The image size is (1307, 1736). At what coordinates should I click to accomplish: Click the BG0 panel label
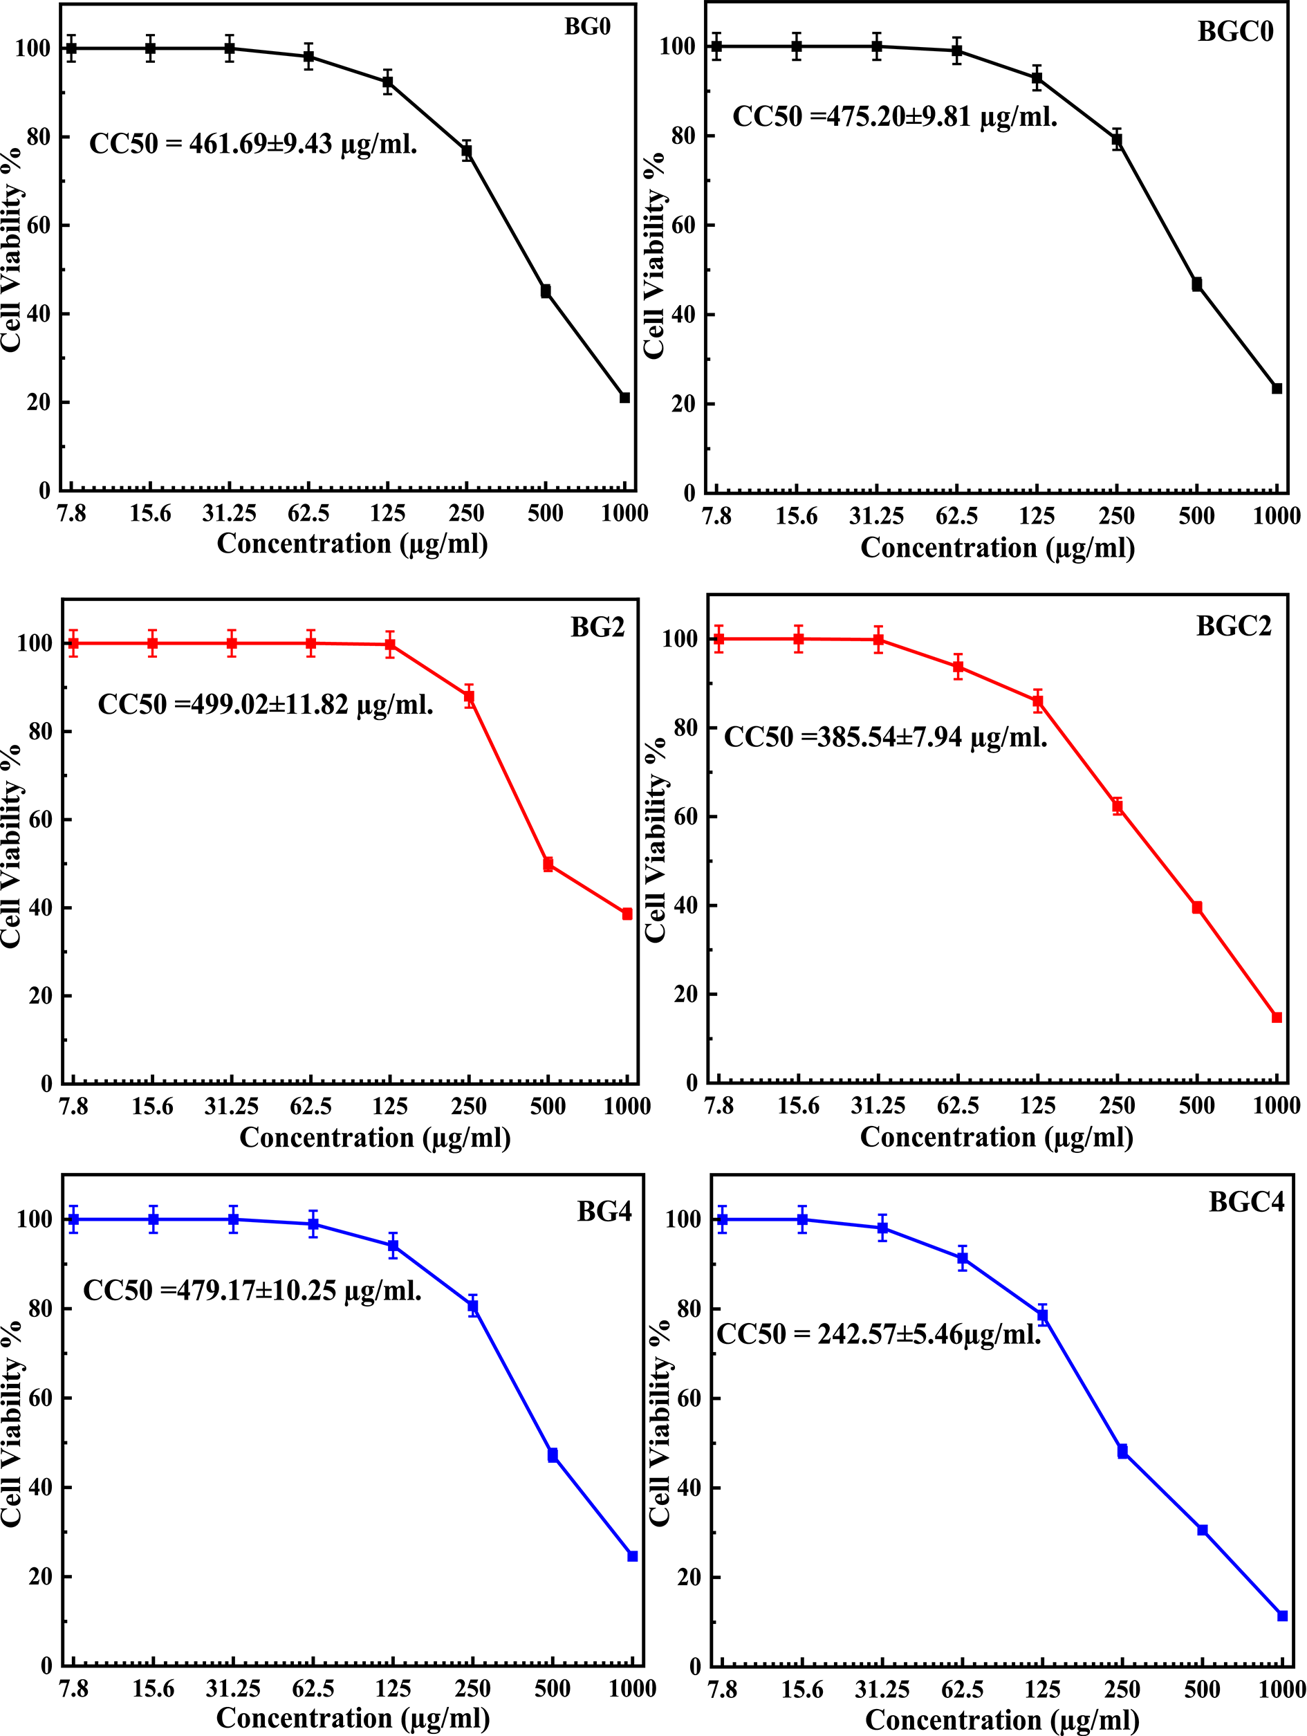tap(587, 27)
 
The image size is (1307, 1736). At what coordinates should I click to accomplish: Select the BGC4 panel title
tap(1246, 1202)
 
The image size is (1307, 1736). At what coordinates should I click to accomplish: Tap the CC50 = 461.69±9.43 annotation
tap(253, 145)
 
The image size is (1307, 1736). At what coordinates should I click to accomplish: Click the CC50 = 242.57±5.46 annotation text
tap(879, 1334)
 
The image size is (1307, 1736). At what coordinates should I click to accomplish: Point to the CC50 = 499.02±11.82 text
tap(265, 705)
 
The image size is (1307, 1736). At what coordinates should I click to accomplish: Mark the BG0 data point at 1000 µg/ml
tap(624, 398)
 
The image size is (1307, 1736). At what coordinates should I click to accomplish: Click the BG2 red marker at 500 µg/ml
tap(548, 865)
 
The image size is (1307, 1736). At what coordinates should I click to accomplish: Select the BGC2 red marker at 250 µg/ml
tap(1117, 806)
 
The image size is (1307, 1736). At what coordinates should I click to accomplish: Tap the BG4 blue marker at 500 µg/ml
tap(553, 1456)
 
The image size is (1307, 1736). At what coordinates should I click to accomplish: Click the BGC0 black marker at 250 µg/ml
tap(1116, 140)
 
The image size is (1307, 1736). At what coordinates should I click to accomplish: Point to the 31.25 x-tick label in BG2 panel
tap(232, 1107)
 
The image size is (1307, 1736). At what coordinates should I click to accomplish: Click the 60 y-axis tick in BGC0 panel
tap(683, 225)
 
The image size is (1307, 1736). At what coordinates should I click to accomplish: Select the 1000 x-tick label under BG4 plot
tap(631, 1689)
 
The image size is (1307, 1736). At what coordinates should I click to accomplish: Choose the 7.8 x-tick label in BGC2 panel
tap(719, 1106)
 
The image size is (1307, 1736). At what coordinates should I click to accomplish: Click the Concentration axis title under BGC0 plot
tap(997, 548)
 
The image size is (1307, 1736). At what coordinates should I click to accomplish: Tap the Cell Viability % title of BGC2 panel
tap(655, 840)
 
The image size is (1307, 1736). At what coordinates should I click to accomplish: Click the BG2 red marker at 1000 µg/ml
tap(627, 914)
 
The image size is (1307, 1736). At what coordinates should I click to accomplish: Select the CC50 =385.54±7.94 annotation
tap(886, 738)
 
